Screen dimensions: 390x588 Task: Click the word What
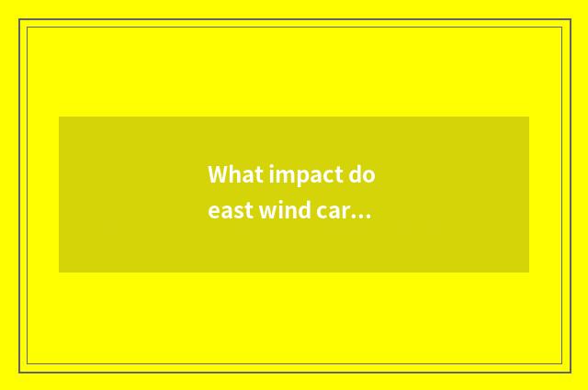(x=229, y=174)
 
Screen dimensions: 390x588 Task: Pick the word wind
(x=282, y=211)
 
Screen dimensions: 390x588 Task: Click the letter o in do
(x=369, y=175)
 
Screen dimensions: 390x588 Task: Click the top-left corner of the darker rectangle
(x=60, y=117)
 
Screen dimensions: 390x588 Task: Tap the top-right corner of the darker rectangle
(x=528, y=117)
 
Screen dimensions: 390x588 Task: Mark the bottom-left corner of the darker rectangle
(x=60, y=272)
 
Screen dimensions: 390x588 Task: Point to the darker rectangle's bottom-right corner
(x=528, y=272)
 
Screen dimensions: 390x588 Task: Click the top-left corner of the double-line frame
(x=20, y=20)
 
